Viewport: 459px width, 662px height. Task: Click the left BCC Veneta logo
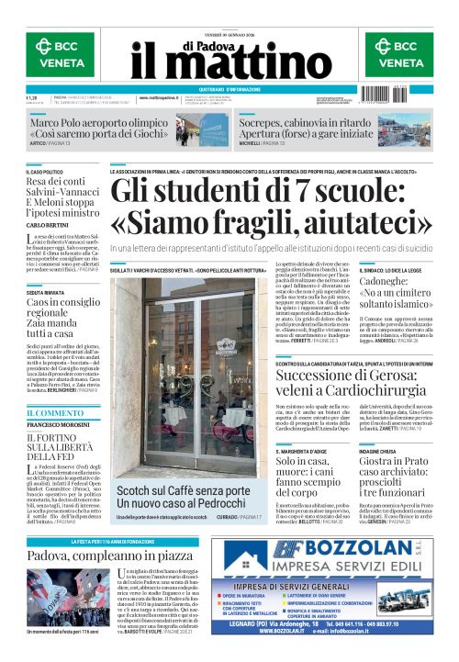pyautogui.click(x=58, y=52)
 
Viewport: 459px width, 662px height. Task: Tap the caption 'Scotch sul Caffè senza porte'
pyautogui.click(x=183, y=492)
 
